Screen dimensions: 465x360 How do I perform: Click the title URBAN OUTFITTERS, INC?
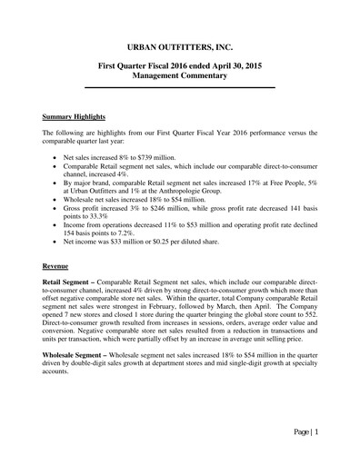coord(179,45)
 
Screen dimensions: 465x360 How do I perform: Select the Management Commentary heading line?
coord(179,78)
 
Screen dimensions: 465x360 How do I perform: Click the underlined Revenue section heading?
coord(59,266)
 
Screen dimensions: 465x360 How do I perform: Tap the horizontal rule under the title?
coord(179,87)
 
